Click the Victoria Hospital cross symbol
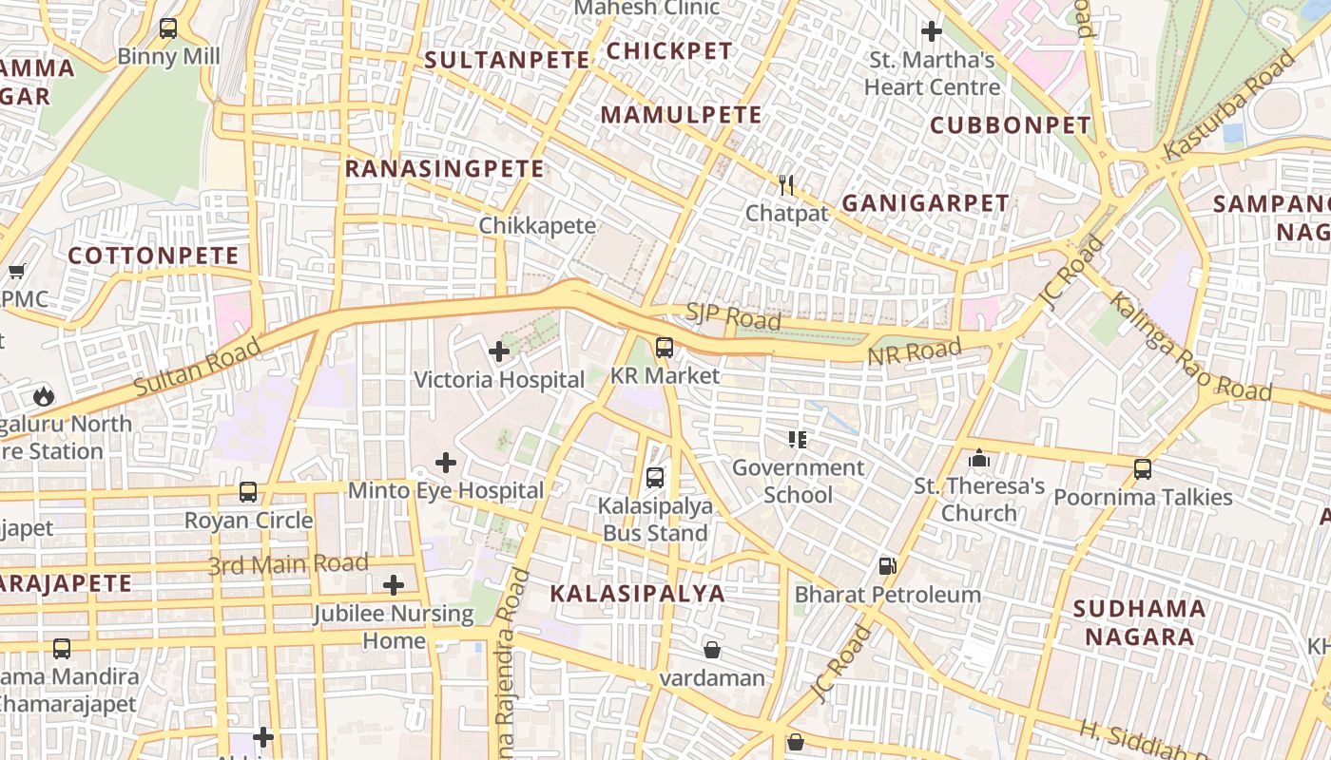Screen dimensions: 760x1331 click(499, 352)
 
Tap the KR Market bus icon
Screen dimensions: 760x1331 click(665, 348)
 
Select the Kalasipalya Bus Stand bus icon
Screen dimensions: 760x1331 click(655, 478)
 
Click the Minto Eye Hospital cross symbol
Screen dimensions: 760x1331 click(445, 464)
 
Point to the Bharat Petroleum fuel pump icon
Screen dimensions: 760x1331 click(887, 566)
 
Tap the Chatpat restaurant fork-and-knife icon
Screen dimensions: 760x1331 click(786, 185)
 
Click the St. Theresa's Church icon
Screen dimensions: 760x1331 click(979, 460)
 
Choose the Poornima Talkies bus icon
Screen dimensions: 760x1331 click(1143, 469)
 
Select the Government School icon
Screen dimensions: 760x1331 click(798, 439)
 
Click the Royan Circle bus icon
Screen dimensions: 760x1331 click(248, 492)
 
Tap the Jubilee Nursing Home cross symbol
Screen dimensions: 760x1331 click(394, 585)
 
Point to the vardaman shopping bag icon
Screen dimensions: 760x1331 click(712, 650)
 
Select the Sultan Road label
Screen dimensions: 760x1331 click(197, 370)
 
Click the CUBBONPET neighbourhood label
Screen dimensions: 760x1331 click(1010, 125)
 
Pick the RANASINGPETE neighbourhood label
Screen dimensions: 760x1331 click(444, 169)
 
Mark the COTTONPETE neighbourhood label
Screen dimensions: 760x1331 click(153, 256)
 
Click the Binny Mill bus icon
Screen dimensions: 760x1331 click(168, 28)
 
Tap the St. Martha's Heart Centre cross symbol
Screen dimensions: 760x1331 click(932, 32)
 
